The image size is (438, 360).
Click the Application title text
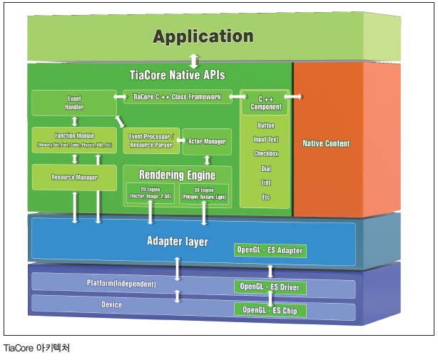203,37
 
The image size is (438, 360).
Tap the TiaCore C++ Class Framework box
178,96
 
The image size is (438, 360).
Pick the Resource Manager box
74,177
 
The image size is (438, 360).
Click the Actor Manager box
206,141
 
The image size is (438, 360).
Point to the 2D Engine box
150,192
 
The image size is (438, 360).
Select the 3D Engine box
204,192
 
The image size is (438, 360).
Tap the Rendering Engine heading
178,174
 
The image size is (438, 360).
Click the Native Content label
326,143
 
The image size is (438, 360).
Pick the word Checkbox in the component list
265,153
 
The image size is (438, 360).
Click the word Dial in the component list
265,168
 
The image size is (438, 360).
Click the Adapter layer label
177,242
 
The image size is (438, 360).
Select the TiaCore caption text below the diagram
38,349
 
